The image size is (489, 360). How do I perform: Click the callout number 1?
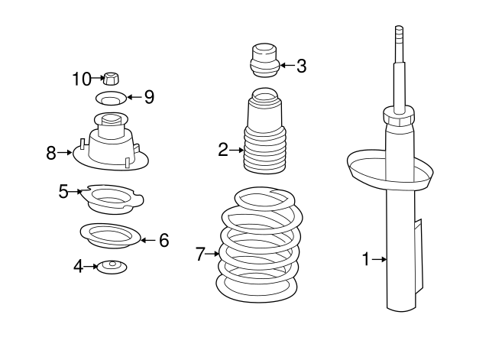[x=365, y=261]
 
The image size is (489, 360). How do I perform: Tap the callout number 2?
[x=223, y=150]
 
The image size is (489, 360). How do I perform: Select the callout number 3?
[x=301, y=66]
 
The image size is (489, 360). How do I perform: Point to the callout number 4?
[x=78, y=266]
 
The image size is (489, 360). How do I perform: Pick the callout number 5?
[x=64, y=191]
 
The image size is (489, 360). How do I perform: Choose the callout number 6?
[x=164, y=241]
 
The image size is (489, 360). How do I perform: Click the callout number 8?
[x=51, y=153]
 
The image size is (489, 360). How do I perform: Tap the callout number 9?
[x=148, y=97]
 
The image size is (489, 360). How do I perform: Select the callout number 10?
[x=82, y=78]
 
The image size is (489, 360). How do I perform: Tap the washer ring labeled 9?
[x=112, y=98]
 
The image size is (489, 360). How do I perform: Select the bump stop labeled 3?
[x=264, y=61]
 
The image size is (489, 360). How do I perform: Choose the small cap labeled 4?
[x=111, y=267]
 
